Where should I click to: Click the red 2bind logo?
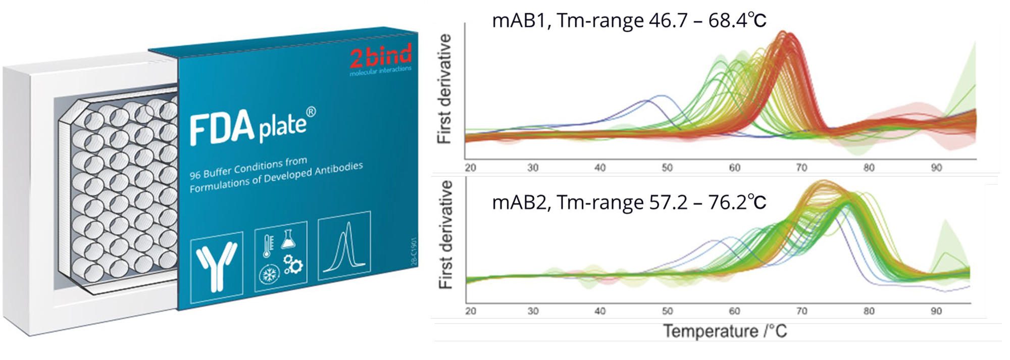(x=381, y=57)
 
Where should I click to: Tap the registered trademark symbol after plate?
(x=311, y=112)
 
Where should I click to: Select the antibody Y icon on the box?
(x=217, y=265)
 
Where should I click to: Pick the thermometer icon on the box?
(x=268, y=242)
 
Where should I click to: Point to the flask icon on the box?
(x=288, y=238)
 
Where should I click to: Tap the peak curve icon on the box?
(x=344, y=246)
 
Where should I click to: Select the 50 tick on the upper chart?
(x=667, y=168)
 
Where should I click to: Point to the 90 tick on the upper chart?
(x=936, y=168)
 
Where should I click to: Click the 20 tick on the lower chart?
(x=470, y=311)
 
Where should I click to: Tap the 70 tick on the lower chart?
(x=801, y=311)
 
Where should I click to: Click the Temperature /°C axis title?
(x=725, y=331)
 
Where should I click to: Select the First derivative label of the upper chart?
(x=444, y=89)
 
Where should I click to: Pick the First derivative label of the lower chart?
(x=445, y=235)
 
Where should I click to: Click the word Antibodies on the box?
(x=338, y=169)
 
